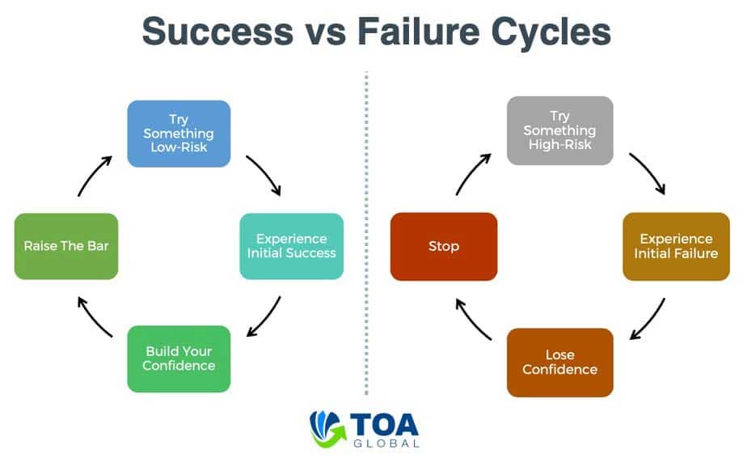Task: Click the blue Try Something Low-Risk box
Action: pyautogui.click(x=179, y=134)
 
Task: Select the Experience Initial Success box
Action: pyautogui.click(x=292, y=246)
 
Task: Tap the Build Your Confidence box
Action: pyautogui.click(x=179, y=359)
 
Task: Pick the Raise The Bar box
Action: pyautogui.click(x=66, y=246)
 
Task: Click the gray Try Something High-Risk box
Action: pyautogui.click(x=559, y=130)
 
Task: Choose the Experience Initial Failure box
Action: pyautogui.click(x=676, y=246)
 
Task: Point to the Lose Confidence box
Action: pyautogui.click(x=559, y=363)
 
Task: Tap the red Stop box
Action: pyautogui.click(x=444, y=246)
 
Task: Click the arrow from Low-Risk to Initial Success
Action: pyautogui.click(x=265, y=174)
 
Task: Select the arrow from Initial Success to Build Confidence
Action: pyautogui.click(x=266, y=318)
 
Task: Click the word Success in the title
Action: pyautogui.click(x=217, y=32)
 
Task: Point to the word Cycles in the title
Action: pyautogui.click(x=551, y=32)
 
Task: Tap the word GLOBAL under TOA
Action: pyautogui.click(x=386, y=444)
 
